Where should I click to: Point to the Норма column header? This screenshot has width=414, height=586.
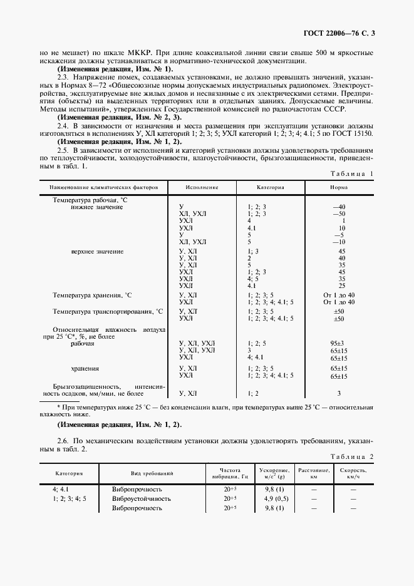(340, 187)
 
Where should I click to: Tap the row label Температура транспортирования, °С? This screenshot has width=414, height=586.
(108, 311)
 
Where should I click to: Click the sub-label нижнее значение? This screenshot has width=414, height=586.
(97, 207)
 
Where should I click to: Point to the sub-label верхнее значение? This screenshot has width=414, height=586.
(97, 251)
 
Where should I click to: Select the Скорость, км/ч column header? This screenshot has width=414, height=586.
(353, 473)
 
